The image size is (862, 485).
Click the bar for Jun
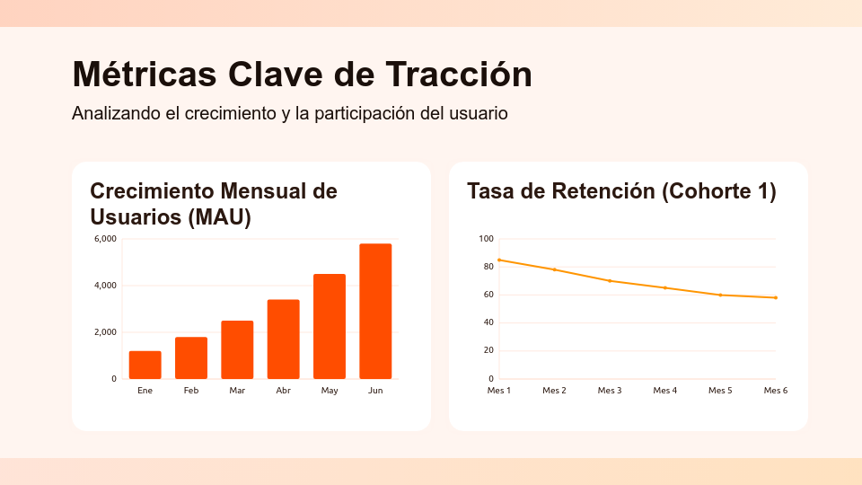(x=375, y=311)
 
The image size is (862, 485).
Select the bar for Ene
(x=145, y=365)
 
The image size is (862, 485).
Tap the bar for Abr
(x=284, y=339)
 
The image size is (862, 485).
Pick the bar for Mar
(x=237, y=349)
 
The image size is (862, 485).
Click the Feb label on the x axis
(x=191, y=391)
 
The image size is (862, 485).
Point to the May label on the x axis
(x=330, y=391)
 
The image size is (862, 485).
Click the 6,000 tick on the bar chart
(x=105, y=239)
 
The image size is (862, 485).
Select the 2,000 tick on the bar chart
(x=105, y=332)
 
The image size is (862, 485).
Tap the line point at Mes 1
(x=498, y=260)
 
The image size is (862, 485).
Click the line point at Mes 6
(x=776, y=297)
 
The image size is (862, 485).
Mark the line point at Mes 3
(x=610, y=281)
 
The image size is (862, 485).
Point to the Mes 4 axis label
(x=664, y=391)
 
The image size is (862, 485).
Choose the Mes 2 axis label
(x=554, y=391)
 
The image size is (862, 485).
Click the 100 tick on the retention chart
(x=486, y=239)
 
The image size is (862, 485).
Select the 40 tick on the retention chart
(x=488, y=322)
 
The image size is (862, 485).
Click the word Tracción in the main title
(x=458, y=74)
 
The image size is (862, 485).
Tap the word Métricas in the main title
(x=144, y=74)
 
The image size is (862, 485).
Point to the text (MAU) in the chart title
(x=219, y=217)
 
